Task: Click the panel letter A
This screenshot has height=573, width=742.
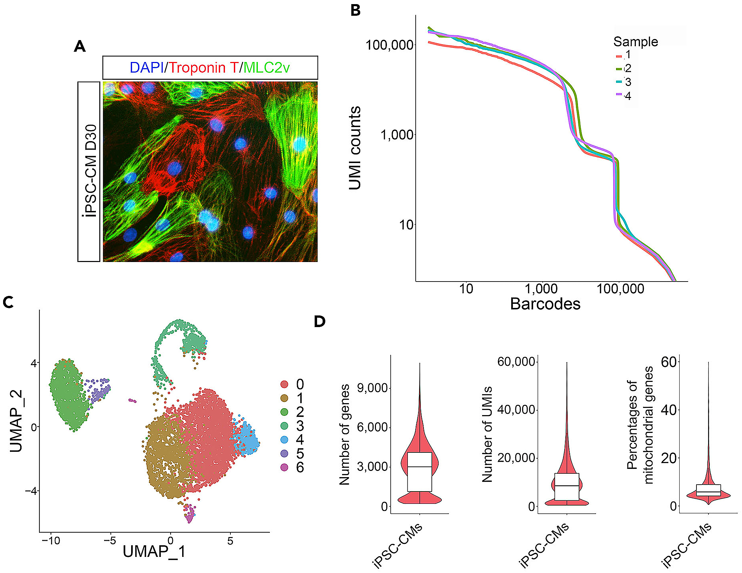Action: click(x=80, y=46)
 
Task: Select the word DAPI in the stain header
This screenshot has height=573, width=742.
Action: click(x=147, y=67)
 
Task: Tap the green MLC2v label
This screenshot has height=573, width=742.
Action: click(x=266, y=67)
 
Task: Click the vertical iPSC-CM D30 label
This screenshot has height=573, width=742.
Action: click(x=90, y=171)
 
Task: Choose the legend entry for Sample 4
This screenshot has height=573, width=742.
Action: click(x=624, y=96)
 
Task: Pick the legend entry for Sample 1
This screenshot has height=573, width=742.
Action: click(x=624, y=55)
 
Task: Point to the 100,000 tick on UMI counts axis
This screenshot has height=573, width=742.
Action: click(x=390, y=45)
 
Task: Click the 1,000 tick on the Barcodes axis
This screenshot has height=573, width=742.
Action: click(x=541, y=289)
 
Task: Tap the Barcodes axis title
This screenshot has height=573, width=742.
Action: click(x=545, y=304)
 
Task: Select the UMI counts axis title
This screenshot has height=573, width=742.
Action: click(x=355, y=148)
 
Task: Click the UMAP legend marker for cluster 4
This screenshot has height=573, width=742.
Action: click(x=284, y=439)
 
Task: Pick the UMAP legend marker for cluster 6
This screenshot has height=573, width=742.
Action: click(x=284, y=467)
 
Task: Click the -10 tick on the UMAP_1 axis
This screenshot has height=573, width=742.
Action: click(x=51, y=541)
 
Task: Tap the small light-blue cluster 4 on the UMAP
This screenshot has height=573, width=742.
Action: click(x=247, y=440)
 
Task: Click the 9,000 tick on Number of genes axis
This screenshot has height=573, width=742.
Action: click(x=372, y=388)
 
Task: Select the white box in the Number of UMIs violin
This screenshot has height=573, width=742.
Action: click(x=567, y=487)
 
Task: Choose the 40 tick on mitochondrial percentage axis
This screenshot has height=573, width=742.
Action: click(x=669, y=410)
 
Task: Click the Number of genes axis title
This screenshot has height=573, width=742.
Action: click(x=344, y=435)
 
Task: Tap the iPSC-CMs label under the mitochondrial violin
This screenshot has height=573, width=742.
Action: click(x=687, y=545)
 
